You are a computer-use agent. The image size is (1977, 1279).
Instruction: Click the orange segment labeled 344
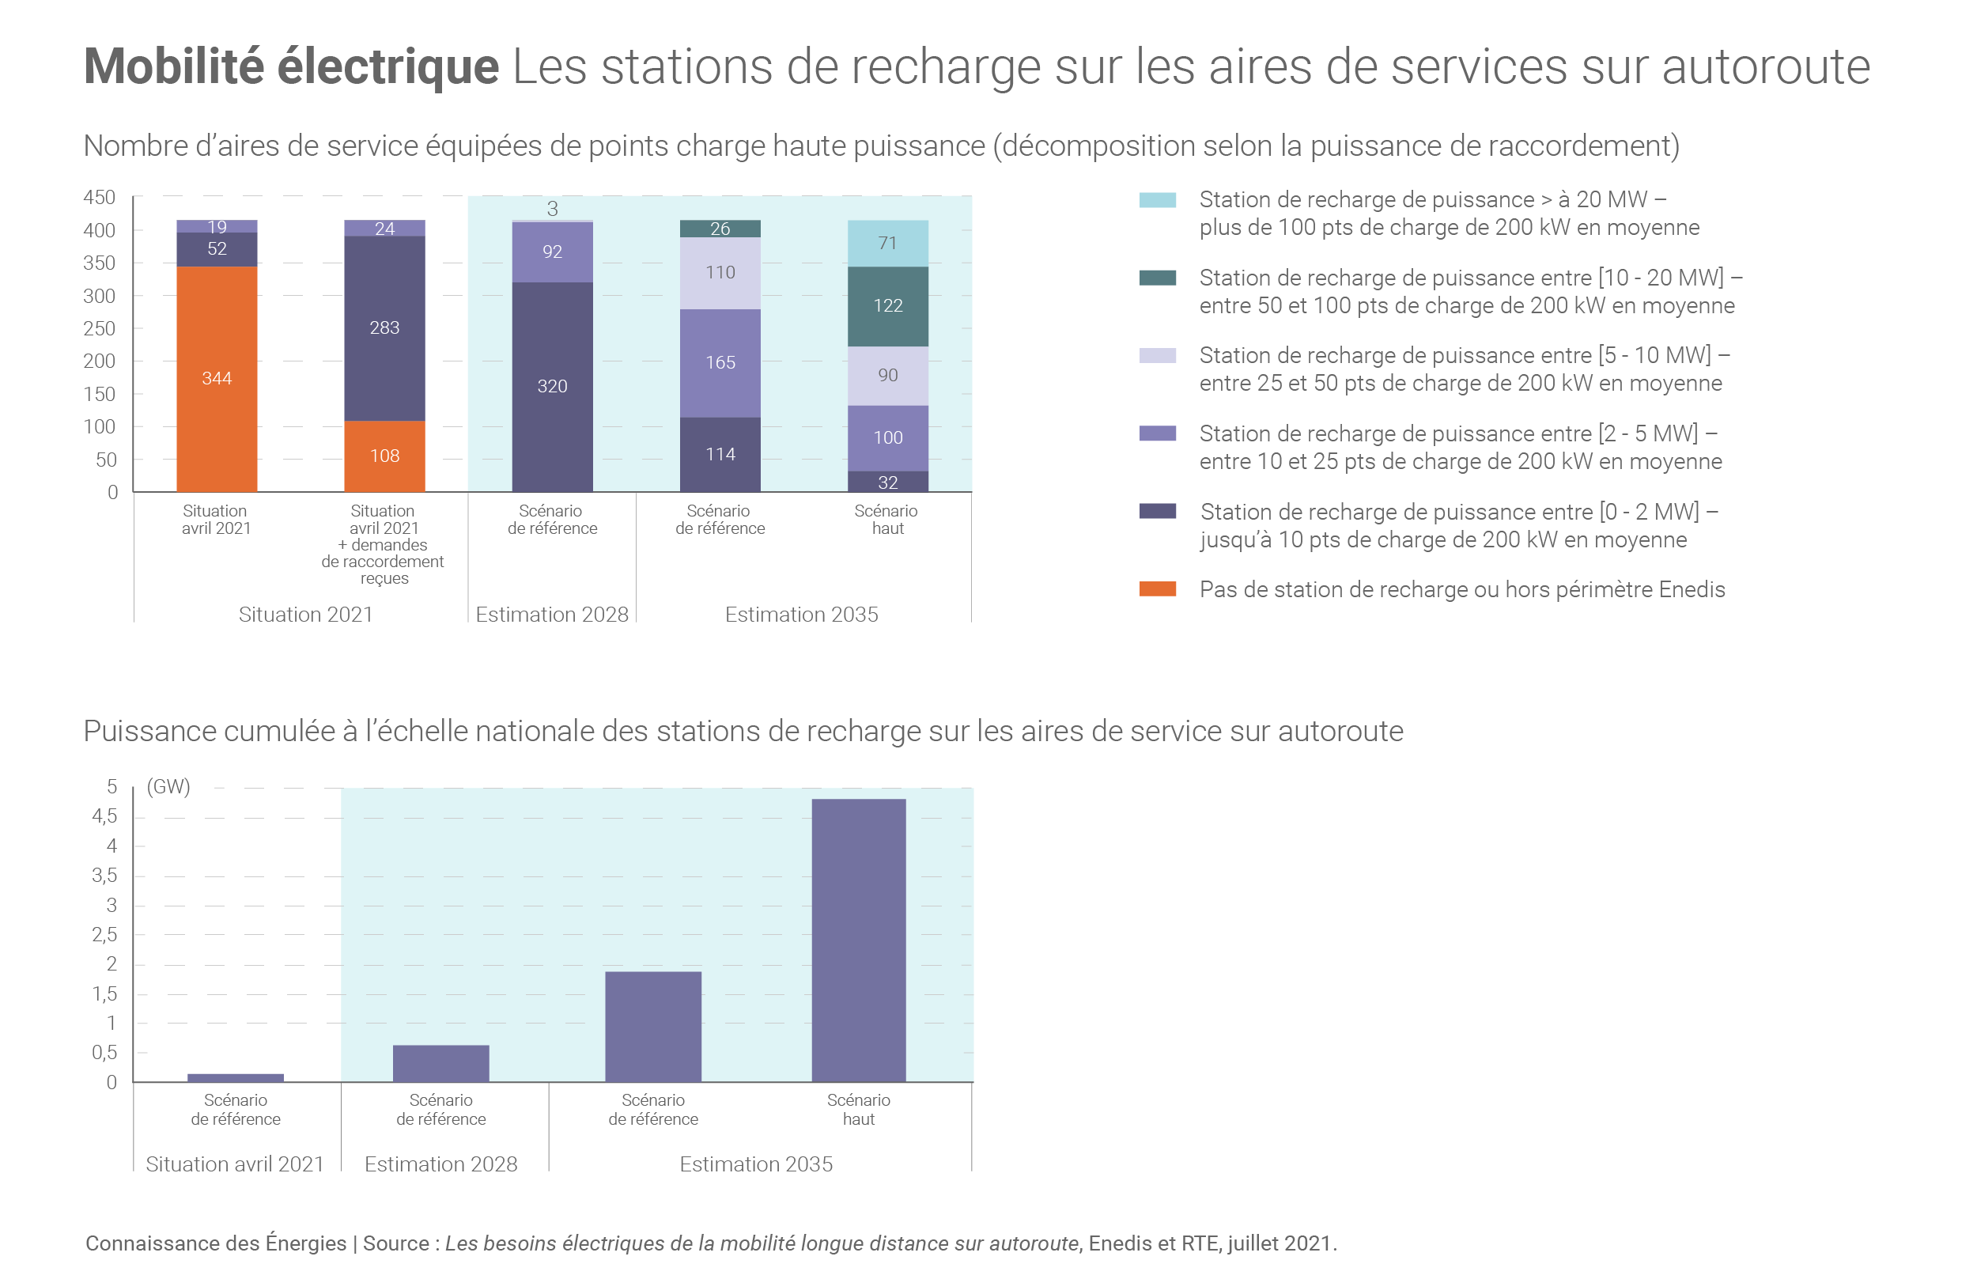tap(217, 378)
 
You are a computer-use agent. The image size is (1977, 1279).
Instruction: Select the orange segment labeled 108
tap(384, 456)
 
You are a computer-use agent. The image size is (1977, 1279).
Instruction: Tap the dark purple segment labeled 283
tap(384, 328)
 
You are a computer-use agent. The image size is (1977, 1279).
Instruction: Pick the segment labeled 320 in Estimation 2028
tap(552, 386)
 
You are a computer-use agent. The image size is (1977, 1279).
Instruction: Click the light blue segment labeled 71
tap(887, 244)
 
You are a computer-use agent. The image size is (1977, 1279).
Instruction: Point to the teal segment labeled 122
tap(887, 305)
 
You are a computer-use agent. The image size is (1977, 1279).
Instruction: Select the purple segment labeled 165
tap(720, 362)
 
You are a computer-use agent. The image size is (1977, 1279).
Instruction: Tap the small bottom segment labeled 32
tap(887, 482)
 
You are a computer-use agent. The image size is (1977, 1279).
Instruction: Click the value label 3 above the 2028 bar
tap(552, 209)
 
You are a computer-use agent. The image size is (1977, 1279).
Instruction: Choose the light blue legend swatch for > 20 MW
tap(1158, 200)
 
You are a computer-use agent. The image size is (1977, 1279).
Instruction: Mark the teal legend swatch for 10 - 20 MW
tap(1158, 278)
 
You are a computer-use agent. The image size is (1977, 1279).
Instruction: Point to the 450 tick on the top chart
tap(100, 198)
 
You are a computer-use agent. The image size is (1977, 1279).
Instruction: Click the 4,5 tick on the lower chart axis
tap(104, 816)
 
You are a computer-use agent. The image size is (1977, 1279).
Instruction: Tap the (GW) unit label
tap(168, 786)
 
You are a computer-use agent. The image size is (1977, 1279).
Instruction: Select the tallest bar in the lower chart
tap(859, 940)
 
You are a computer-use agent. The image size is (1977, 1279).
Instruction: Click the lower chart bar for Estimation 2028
tap(441, 1063)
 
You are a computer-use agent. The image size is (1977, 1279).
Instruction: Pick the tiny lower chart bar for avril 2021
tap(236, 1078)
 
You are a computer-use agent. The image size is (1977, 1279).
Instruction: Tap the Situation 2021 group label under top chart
tap(305, 615)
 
